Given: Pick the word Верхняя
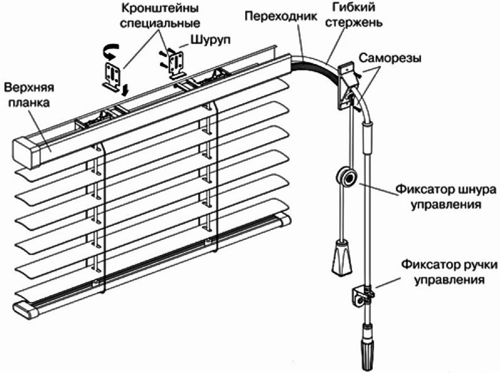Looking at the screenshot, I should pos(30,89).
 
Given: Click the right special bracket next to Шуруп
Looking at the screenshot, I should pos(176,64).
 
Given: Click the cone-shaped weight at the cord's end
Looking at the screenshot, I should pos(341,257).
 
